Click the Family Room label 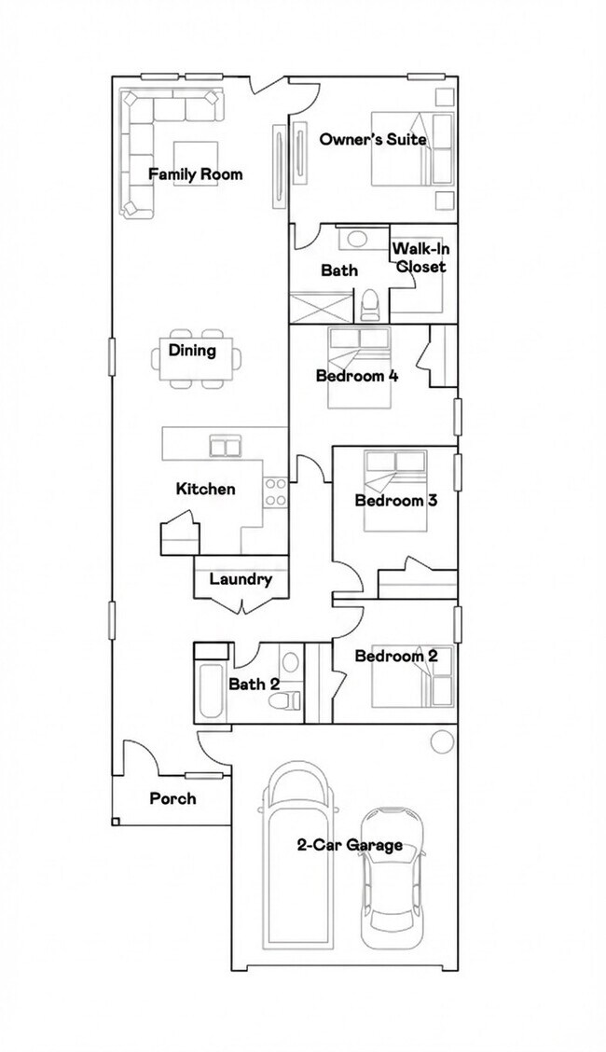[x=195, y=174]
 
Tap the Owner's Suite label [x=373, y=139]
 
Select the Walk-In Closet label [x=419, y=257]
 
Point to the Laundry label [x=241, y=579]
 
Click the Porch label [x=172, y=798]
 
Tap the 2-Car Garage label [x=350, y=845]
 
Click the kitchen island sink [x=225, y=447]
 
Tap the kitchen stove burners [x=275, y=491]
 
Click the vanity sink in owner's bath [x=353, y=239]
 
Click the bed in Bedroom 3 [x=395, y=490]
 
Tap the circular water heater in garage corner [x=440, y=742]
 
